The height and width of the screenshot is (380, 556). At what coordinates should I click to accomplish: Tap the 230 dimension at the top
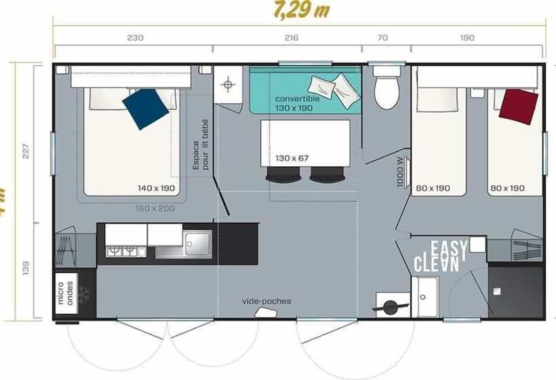pyautogui.click(x=135, y=38)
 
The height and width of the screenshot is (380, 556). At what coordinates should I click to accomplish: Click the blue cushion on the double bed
pyautogui.click(x=146, y=109)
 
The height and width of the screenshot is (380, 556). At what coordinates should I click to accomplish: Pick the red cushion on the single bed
pyautogui.click(x=519, y=107)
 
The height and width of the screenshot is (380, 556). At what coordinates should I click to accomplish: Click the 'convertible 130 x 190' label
pyautogui.click(x=294, y=103)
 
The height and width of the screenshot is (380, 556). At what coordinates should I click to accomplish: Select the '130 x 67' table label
pyautogui.click(x=292, y=158)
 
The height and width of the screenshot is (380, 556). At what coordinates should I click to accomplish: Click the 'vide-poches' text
pyautogui.click(x=266, y=301)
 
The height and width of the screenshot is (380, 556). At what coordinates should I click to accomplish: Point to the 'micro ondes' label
pyautogui.click(x=66, y=293)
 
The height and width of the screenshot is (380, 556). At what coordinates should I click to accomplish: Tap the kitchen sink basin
pyautogui.click(x=197, y=242)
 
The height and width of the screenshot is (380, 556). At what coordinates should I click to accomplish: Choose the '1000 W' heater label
pyautogui.click(x=400, y=172)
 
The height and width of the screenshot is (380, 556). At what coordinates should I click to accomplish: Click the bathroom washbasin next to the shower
pyautogui.click(x=426, y=297)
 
